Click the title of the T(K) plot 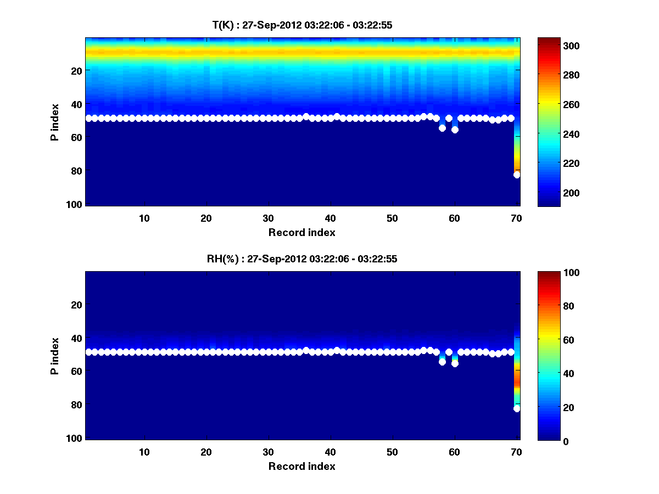tap(302, 25)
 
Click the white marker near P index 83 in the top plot tap(517, 175)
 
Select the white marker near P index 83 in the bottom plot tap(517, 409)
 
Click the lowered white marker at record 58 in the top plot tap(442, 128)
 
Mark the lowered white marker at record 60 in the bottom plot tap(455, 363)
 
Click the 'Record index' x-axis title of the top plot tap(302, 232)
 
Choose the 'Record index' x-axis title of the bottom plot tap(302, 466)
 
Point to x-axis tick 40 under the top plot tap(331, 217)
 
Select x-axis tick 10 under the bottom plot tap(144, 452)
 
